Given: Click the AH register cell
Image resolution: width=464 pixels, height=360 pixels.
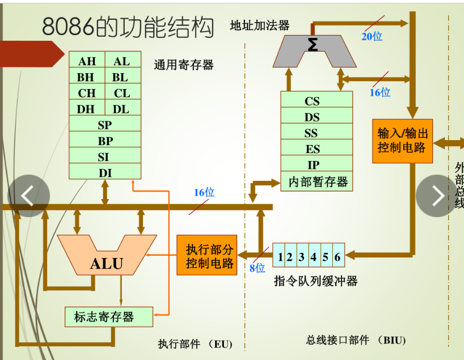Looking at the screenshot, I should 87,61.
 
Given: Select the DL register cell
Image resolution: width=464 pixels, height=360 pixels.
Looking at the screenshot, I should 122,109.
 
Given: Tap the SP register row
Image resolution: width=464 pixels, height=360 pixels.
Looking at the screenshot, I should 105,125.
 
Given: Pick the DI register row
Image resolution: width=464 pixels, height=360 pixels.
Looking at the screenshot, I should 105,172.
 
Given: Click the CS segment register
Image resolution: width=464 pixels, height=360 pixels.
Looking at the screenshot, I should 312,101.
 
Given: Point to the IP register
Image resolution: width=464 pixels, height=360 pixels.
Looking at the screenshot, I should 313,165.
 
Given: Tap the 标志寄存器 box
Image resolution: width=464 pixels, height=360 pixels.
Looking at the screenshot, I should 108,317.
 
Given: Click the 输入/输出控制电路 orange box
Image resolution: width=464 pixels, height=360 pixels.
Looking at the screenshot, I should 402,141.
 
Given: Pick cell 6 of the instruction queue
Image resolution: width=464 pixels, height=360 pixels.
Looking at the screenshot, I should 338,257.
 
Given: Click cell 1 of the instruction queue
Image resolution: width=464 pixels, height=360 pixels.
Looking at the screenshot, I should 280,257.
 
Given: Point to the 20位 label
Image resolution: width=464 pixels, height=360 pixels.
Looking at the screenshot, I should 372,37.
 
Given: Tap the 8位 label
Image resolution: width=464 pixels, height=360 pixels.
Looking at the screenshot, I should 257,268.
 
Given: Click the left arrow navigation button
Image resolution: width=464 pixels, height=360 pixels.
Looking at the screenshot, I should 28,196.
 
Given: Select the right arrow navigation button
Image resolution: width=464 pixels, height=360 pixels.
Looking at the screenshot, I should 437,196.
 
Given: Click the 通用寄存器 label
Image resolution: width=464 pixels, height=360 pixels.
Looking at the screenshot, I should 183,65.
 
